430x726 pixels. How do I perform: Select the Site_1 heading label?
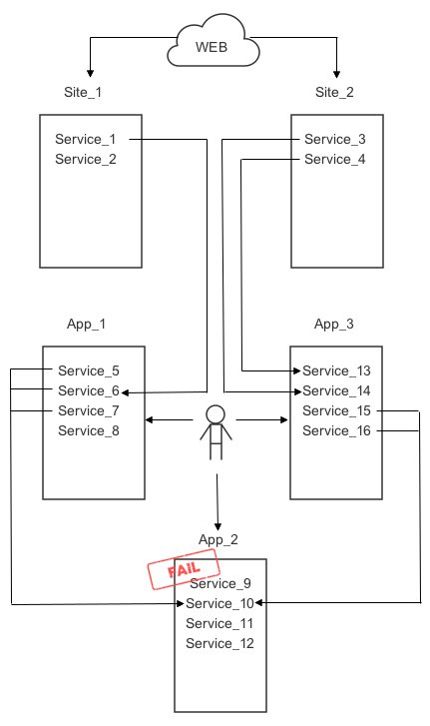tap(83, 92)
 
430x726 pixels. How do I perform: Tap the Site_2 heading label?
tap(334, 92)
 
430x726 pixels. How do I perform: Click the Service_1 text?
tap(86, 139)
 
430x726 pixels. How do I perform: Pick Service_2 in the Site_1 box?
tap(86, 159)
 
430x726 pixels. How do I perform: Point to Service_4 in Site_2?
tap(335, 159)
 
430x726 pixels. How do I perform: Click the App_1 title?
tap(86, 325)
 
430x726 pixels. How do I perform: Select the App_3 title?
tap(334, 325)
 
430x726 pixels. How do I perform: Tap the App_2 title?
tap(218, 540)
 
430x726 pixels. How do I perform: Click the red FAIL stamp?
tap(184, 569)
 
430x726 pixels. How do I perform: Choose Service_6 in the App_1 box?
tap(89, 390)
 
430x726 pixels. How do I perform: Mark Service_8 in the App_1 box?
tap(89, 431)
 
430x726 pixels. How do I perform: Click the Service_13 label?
tap(336, 370)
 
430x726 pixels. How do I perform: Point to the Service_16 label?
tap(336, 431)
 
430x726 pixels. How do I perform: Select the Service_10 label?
tap(220, 603)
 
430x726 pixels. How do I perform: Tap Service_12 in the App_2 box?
tap(220, 643)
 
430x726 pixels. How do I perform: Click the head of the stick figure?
tap(215, 414)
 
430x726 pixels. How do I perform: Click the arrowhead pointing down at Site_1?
tap(90, 73)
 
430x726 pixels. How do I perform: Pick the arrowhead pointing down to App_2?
tap(217, 527)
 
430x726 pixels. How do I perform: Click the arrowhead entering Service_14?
tap(297, 391)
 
